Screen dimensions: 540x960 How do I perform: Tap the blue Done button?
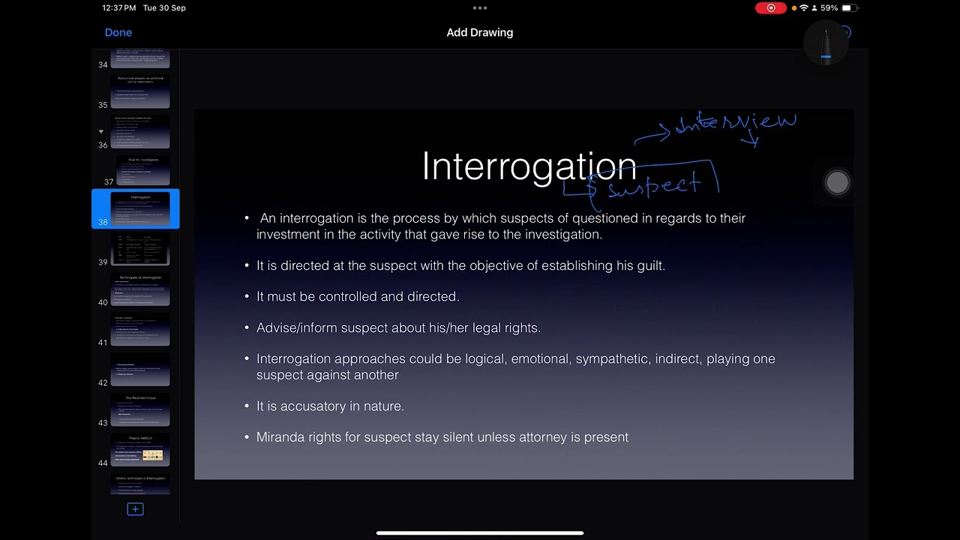pyautogui.click(x=118, y=32)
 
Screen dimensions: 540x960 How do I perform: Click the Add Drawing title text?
pyautogui.click(x=480, y=32)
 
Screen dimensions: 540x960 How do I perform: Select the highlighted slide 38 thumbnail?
pyautogui.click(x=140, y=208)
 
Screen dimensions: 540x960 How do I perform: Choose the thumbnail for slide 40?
pyautogui.click(x=140, y=289)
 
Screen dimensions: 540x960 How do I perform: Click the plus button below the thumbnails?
pyautogui.click(x=135, y=509)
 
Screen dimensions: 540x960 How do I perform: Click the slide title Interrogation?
pyautogui.click(x=529, y=166)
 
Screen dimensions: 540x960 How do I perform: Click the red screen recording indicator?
pyautogui.click(x=770, y=8)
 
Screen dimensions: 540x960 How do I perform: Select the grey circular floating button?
pyautogui.click(x=837, y=182)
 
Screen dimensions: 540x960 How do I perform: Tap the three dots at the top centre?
pyautogui.click(x=480, y=8)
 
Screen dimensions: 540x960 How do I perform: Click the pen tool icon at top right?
pyautogui.click(x=826, y=44)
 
